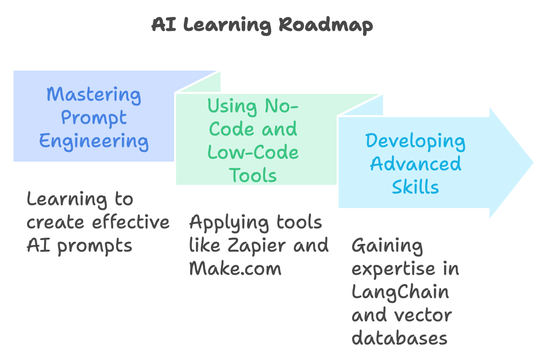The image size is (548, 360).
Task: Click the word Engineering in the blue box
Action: (x=94, y=141)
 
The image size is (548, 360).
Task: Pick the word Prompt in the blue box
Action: (x=94, y=118)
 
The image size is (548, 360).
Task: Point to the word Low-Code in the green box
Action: (x=253, y=152)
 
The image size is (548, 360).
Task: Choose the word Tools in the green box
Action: (x=253, y=175)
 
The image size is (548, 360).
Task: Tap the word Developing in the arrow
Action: (x=415, y=141)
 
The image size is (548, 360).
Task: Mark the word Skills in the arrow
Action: (x=415, y=187)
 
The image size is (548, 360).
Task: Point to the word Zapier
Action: (x=259, y=245)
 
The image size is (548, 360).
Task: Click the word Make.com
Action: (x=235, y=269)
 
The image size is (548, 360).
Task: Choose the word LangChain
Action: (x=400, y=292)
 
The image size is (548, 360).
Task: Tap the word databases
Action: (x=400, y=338)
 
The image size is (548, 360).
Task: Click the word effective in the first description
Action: (x=131, y=222)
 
